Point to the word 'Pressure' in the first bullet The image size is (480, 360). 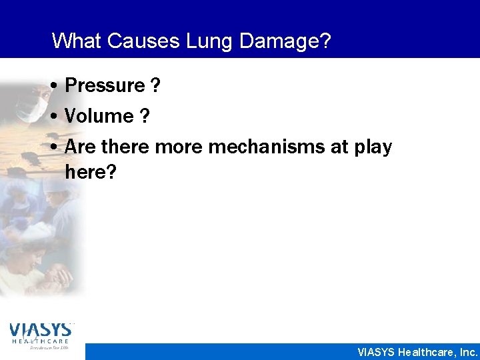105,86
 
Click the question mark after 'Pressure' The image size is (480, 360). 155,86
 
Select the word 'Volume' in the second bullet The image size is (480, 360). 99,117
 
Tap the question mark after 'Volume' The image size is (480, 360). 144,117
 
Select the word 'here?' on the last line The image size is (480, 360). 91,173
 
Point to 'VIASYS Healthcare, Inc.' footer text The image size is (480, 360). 418,351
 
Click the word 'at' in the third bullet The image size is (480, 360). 339,147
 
